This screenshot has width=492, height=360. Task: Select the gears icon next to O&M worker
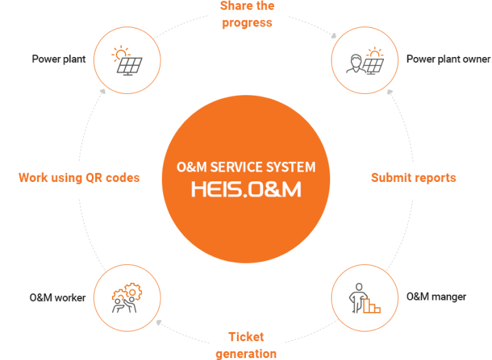[126, 298]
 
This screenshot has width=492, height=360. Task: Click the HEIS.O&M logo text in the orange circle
[246, 189]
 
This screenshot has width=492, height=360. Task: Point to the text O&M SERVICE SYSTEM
[246, 167]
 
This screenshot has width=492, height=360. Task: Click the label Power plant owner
[448, 60]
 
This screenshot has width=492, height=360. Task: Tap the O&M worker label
[58, 298]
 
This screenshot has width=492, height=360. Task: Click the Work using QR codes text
[79, 177]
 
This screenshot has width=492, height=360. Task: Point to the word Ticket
[246, 337]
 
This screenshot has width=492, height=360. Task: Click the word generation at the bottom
[246, 353]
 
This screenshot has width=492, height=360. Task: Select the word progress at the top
[246, 23]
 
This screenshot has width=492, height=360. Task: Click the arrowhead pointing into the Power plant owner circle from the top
[334, 36]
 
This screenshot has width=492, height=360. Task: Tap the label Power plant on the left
[59, 60]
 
